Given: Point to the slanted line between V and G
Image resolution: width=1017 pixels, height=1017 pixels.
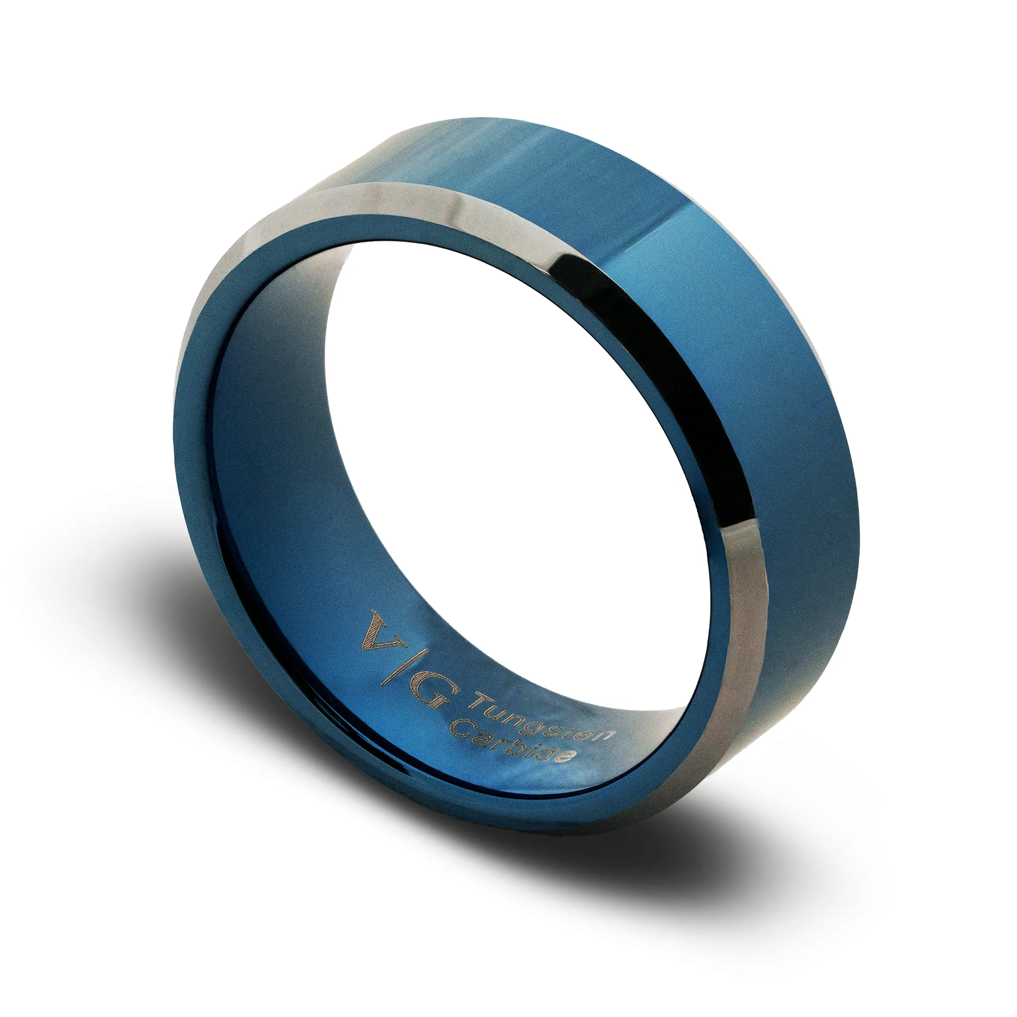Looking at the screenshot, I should point(405,667).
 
